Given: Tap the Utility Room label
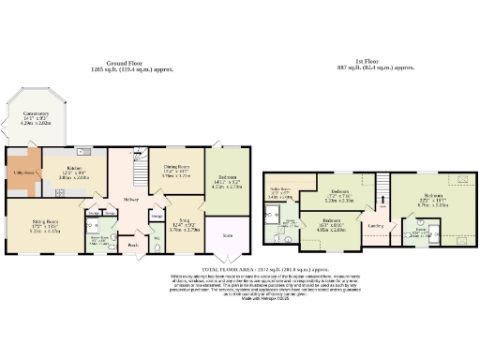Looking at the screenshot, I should pyautogui.click(x=23, y=172).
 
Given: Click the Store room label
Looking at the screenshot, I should pyautogui.click(x=227, y=237).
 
